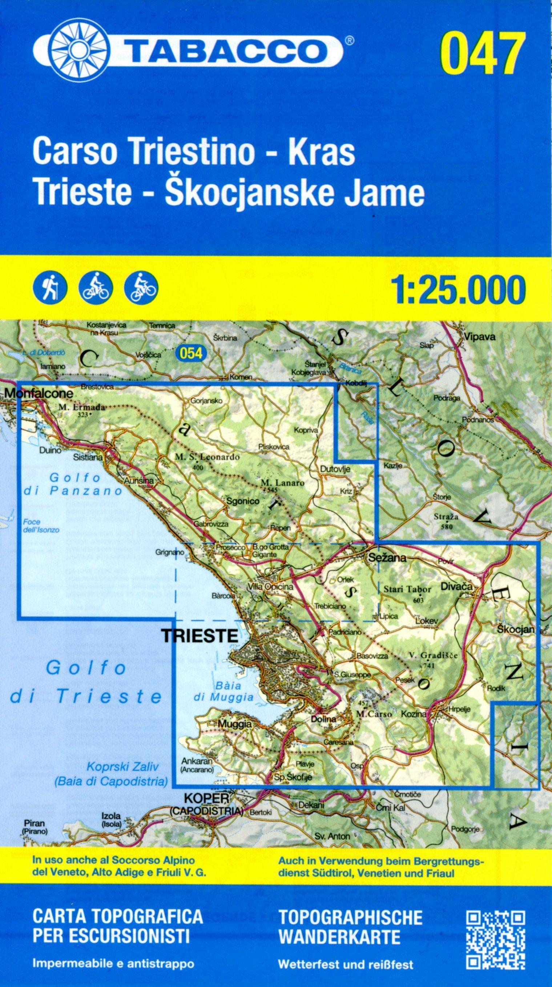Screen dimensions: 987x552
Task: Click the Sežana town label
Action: click(387, 558)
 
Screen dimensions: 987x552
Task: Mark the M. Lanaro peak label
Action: click(282, 483)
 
